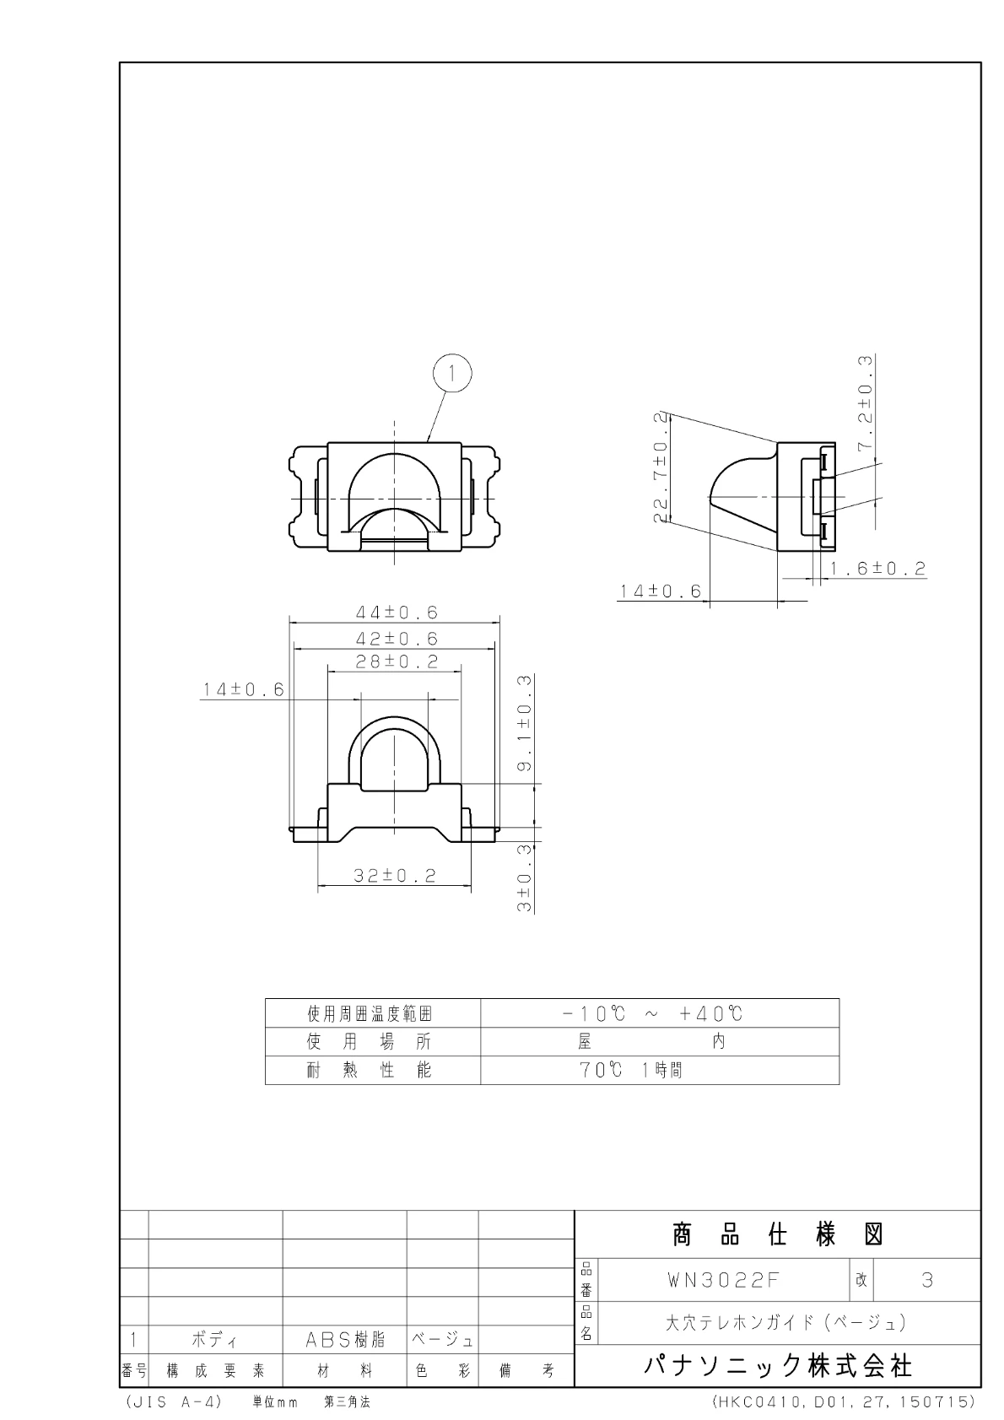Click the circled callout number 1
click(x=452, y=374)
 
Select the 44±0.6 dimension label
click(x=397, y=613)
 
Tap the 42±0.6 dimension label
click(x=397, y=639)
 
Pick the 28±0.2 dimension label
click(x=397, y=661)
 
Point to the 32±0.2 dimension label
click(x=395, y=876)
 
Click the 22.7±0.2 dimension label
click(x=661, y=467)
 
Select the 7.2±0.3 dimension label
click(x=865, y=404)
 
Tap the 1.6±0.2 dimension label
click(x=877, y=569)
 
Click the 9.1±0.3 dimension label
click(x=525, y=723)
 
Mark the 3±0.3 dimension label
click(x=525, y=878)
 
